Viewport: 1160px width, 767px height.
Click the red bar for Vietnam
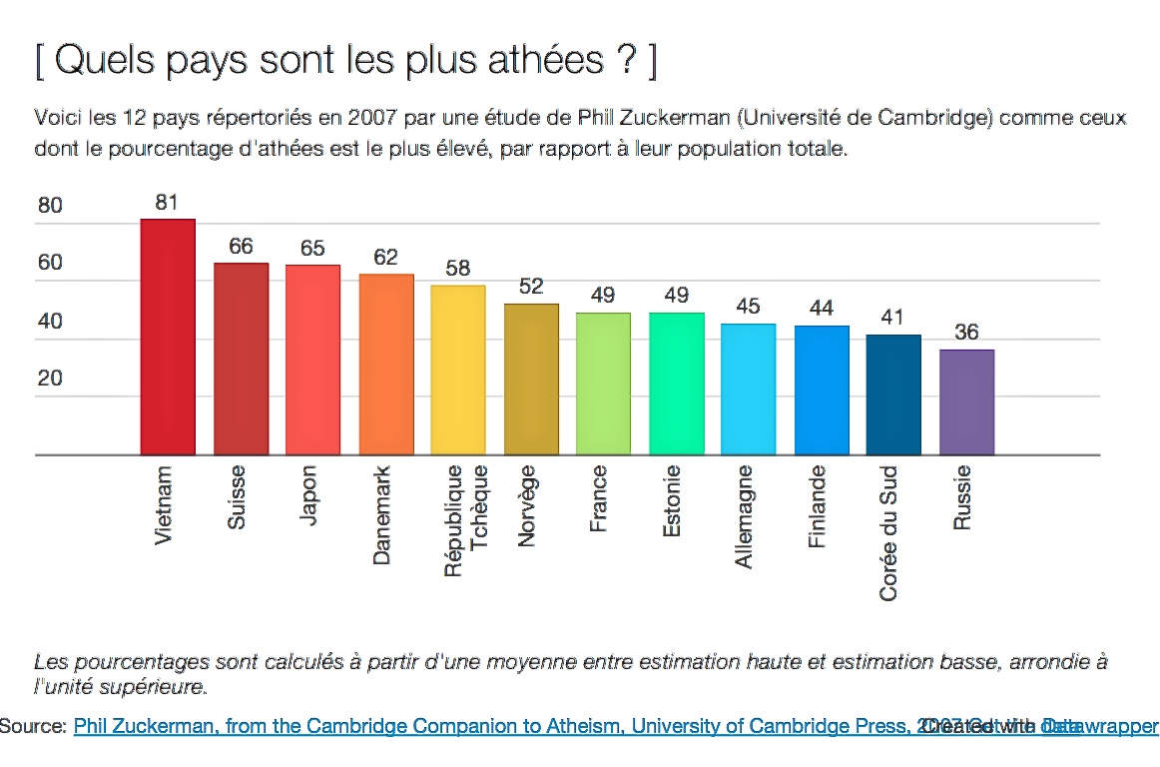(168, 337)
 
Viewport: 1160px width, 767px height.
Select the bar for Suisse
(241, 359)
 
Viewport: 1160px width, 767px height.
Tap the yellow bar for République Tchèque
(458, 370)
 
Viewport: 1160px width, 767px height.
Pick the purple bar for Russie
(966, 401)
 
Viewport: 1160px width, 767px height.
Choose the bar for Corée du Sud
(893, 394)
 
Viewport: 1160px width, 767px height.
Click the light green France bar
(603, 383)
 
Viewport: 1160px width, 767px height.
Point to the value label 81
(167, 203)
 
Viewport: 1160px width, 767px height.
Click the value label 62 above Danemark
(385, 258)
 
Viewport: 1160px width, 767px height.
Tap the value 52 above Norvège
(531, 287)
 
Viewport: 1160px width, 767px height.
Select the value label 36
(966, 333)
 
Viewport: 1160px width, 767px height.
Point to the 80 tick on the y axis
(50, 207)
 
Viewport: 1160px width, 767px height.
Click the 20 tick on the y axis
(50, 379)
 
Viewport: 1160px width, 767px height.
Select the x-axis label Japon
(308, 495)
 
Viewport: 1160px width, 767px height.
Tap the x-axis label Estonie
(672, 501)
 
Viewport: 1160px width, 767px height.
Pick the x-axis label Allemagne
(744, 516)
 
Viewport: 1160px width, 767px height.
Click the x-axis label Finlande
(817, 506)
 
